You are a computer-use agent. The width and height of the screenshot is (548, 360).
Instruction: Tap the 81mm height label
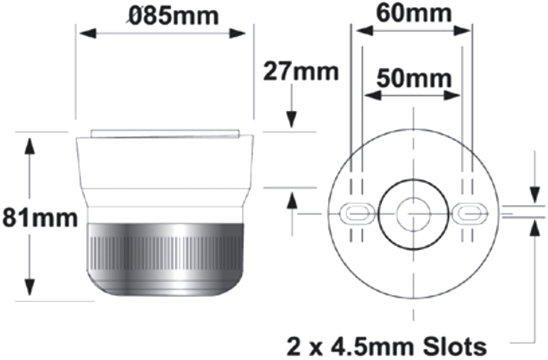[x=39, y=218]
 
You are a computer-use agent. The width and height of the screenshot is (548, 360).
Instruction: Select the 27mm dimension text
[x=301, y=71]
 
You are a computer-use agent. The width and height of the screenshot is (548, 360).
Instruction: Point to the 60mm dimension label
[x=414, y=13]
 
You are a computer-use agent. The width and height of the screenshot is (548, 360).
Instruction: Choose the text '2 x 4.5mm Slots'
[x=386, y=346]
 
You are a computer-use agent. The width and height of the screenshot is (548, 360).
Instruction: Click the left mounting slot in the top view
[x=357, y=212]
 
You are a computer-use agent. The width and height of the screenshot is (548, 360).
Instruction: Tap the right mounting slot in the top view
[x=470, y=212]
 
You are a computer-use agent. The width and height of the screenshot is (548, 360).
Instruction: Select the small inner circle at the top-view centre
[x=413, y=214]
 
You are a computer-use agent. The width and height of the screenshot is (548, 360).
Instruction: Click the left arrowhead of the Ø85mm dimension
[x=88, y=34]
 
